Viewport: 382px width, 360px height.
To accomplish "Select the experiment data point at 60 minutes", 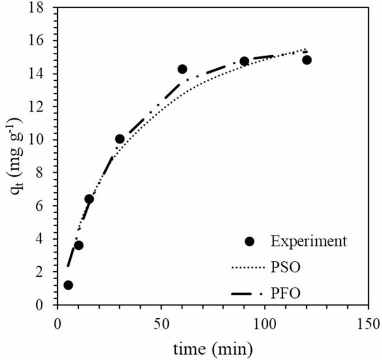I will point(182,69).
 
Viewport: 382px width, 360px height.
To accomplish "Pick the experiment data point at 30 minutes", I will point(119,139).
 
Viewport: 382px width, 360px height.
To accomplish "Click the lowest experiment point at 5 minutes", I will point(68,285).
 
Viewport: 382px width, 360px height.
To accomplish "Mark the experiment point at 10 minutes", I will point(79,246).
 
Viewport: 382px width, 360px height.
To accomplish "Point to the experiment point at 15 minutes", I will point(89,199).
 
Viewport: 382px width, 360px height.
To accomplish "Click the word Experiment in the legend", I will point(308,241).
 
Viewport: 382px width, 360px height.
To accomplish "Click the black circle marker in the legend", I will point(249,241).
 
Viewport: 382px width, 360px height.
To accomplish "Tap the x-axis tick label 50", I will point(161,324).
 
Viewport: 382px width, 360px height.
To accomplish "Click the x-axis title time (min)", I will point(212,349).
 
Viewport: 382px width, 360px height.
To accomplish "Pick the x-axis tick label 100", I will point(264,324).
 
